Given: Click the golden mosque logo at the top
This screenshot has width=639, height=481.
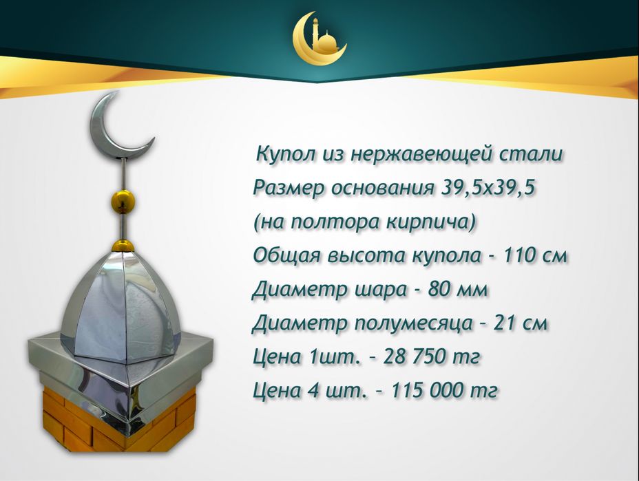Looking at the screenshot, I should (x=319, y=38).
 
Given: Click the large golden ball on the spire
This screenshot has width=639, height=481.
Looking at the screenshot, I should (x=123, y=202).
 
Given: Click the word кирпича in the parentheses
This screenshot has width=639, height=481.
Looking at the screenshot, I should (x=433, y=222).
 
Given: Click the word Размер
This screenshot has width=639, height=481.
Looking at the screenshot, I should (x=286, y=188).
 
